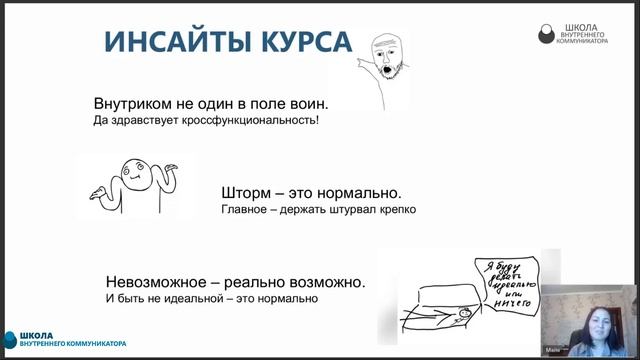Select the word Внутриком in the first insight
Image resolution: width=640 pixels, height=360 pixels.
tap(133, 104)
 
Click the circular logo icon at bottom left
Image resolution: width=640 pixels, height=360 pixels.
tap(10, 340)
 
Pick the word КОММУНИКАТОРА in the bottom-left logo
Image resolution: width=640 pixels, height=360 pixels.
tap(94, 345)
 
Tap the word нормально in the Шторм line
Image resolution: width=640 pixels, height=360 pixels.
tap(358, 192)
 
